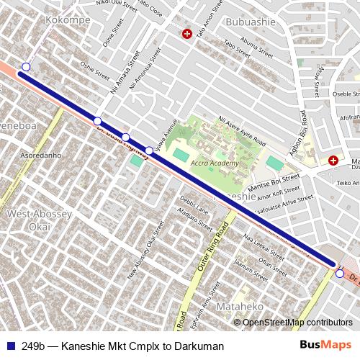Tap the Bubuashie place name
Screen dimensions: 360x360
(251, 22)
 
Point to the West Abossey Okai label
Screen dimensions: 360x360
(39, 220)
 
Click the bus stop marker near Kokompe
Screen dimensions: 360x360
(26, 66)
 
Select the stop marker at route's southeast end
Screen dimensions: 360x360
(339, 273)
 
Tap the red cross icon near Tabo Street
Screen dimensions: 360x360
(187, 34)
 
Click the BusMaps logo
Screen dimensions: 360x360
(326, 346)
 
